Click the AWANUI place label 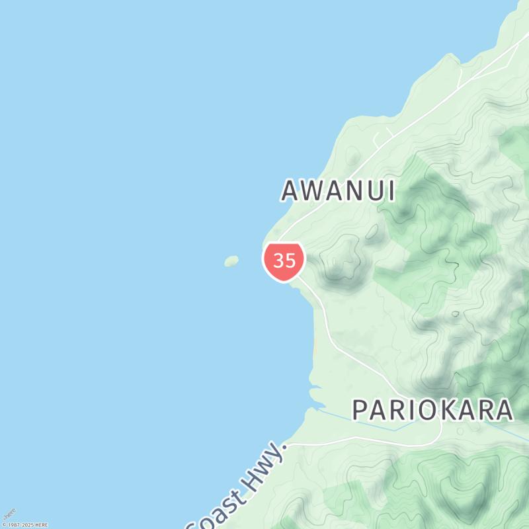338,191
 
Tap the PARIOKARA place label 432,410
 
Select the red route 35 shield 284,261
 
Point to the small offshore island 231,261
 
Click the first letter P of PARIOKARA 360,410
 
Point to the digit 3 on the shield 278,261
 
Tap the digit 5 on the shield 290,261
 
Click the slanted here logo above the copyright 9,514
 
